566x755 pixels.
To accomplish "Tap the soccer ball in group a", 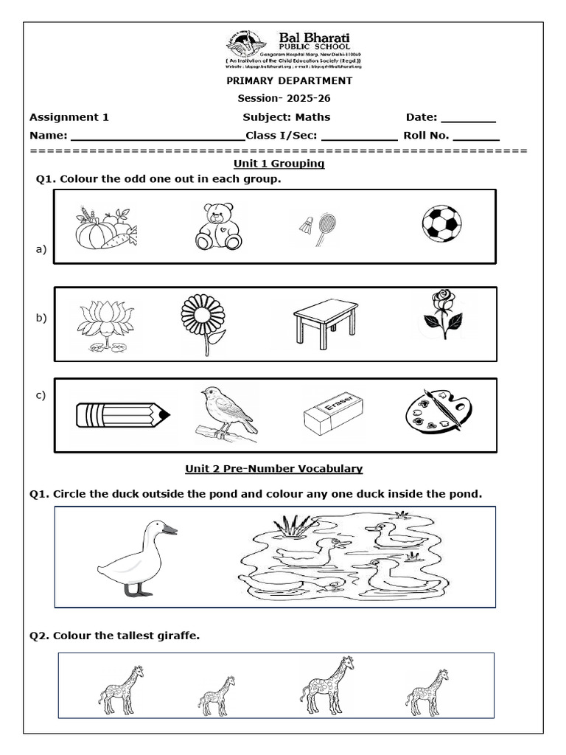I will [x=441, y=223].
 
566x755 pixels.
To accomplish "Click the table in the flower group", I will [x=325, y=321].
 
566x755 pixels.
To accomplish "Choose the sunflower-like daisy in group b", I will [x=203, y=322].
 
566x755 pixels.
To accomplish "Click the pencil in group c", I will [x=122, y=415].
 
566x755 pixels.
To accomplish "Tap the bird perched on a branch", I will [x=228, y=414].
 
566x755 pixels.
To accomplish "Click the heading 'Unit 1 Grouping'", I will [x=279, y=163].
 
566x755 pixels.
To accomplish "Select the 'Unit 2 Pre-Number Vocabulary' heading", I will [x=273, y=468].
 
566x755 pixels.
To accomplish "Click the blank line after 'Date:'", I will [x=468, y=118].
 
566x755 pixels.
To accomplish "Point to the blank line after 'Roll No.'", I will [x=476, y=136].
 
